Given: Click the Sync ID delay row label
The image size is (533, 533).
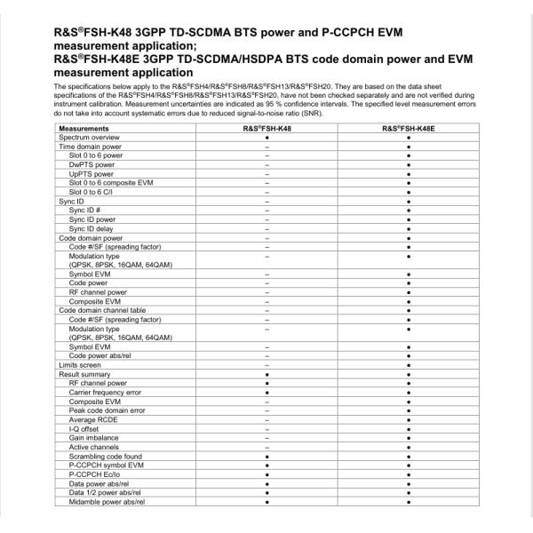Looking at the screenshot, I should (94, 228).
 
